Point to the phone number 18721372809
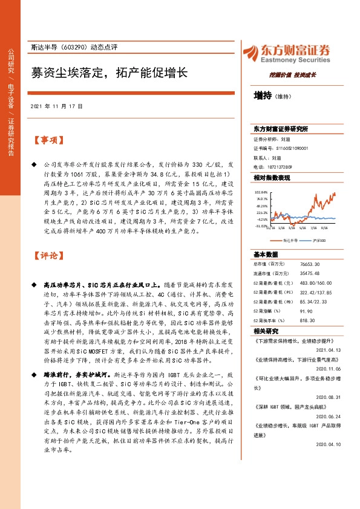(281, 166)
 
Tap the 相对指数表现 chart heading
(272, 178)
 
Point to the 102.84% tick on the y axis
(260, 190)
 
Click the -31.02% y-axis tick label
(260, 225)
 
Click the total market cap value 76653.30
(306, 264)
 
